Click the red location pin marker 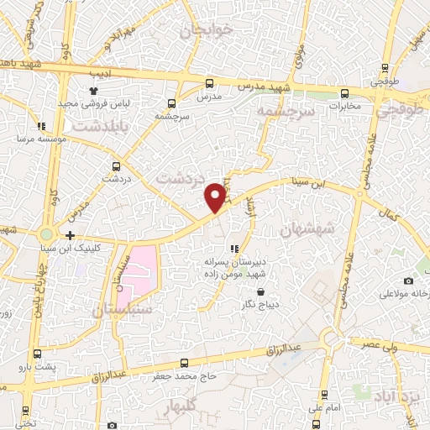tap(216, 196)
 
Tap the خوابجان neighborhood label tap(206, 30)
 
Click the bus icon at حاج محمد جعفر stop tap(184, 363)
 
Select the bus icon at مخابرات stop tap(344, 93)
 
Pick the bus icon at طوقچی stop tap(384, 69)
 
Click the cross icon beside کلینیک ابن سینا tap(70, 236)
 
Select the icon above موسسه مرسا tap(41, 127)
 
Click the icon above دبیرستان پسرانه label tap(234, 249)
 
